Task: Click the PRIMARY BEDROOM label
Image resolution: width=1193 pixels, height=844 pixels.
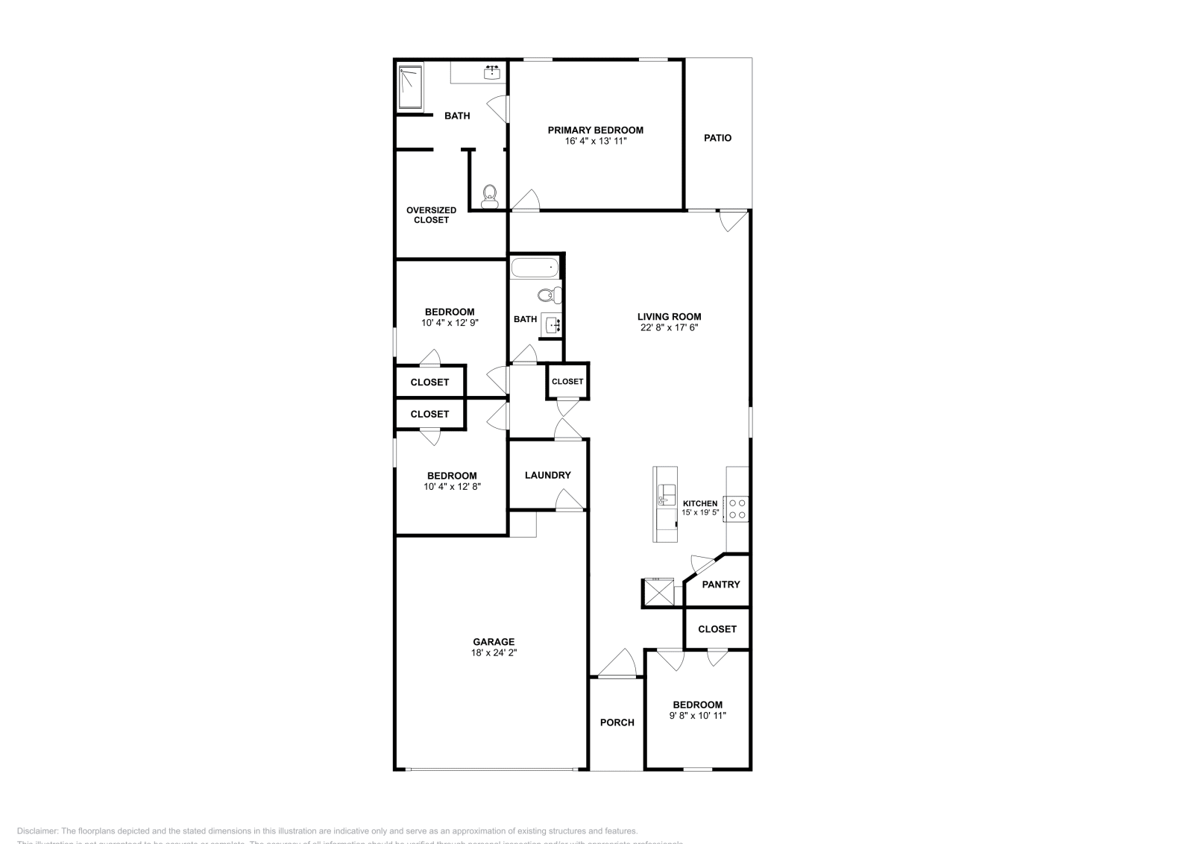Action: tap(595, 130)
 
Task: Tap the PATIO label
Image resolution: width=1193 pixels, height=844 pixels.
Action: tap(718, 138)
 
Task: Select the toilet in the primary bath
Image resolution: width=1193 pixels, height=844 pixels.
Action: tap(489, 197)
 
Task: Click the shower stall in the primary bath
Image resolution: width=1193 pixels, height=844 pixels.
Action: tap(410, 88)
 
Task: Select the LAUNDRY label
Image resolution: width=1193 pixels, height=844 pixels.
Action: tap(547, 475)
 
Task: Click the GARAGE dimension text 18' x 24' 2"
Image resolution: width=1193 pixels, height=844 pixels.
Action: tap(494, 652)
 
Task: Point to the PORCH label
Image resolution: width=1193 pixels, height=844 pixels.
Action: tap(617, 722)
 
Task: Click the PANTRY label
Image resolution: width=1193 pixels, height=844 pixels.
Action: tap(721, 585)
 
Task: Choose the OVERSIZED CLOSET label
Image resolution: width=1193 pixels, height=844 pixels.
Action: tap(431, 215)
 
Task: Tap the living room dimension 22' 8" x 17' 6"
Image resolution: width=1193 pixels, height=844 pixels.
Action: tap(669, 327)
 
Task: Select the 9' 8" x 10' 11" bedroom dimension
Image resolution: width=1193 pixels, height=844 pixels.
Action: tap(697, 716)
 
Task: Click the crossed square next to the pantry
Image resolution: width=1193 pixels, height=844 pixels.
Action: tap(658, 593)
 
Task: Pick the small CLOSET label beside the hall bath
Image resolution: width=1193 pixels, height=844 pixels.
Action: tap(567, 381)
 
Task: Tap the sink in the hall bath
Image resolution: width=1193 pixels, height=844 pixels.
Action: tap(552, 325)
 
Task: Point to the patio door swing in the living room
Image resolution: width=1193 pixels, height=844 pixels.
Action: tap(732, 221)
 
